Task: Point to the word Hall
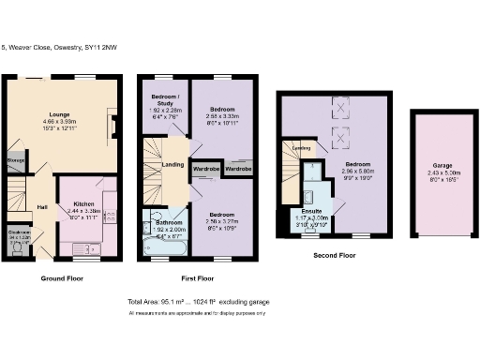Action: pyautogui.click(x=42, y=207)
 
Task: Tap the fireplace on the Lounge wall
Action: pyautogui.click(x=113, y=125)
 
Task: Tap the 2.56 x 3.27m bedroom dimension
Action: pyautogui.click(x=222, y=220)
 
